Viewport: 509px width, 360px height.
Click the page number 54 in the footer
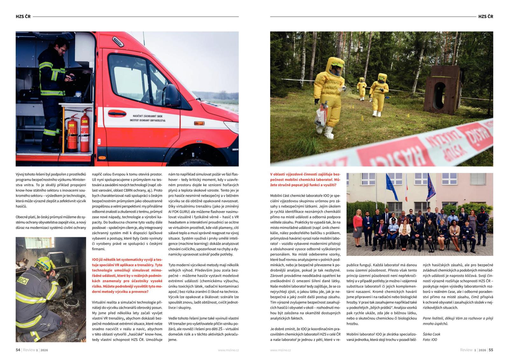(18, 350)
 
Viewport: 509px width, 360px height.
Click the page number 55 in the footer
(491, 350)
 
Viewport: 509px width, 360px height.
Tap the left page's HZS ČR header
(23, 17)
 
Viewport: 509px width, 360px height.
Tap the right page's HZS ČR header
(485, 17)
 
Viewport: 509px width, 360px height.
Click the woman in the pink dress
(358, 223)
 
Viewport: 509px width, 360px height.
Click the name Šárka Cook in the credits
(431, 334)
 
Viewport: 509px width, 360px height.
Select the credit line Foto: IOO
(430, 340)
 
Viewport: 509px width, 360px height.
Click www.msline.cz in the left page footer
(228, 350)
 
